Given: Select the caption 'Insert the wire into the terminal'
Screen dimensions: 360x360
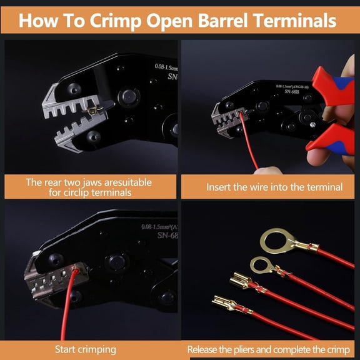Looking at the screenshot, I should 274,187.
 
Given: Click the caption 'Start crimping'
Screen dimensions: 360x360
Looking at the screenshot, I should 85,349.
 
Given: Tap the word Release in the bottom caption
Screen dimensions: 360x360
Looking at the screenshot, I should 207,349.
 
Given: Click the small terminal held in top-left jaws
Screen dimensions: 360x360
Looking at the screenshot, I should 94,111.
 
